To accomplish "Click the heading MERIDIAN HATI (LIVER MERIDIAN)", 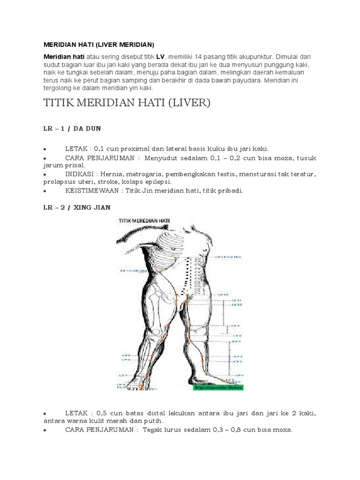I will click(99, 45).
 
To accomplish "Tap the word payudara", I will click(247, 80).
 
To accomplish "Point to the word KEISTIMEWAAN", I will click(92, 191).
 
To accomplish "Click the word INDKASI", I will click(80, 174).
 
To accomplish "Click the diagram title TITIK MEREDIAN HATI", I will click(144, 219).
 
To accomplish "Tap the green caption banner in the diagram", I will click(218, 387).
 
